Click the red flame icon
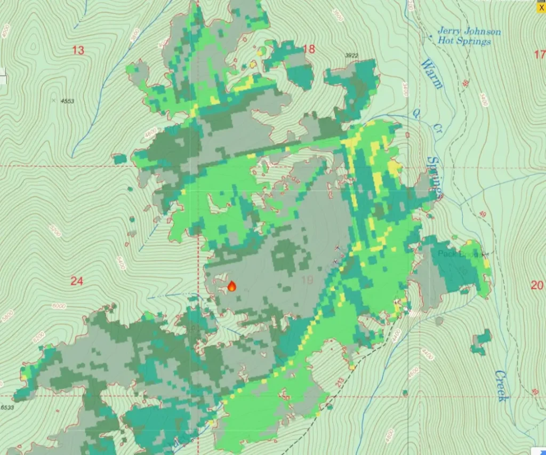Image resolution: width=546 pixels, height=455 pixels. point(232,286)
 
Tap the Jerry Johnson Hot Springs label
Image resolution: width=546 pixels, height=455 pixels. point(469,36)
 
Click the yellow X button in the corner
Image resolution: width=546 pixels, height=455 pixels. point(541,7)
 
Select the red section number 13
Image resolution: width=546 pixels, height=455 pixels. point(78,50)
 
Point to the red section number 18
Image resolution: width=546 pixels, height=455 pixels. point(309,49)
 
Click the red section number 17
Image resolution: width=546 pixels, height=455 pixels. point(539,54)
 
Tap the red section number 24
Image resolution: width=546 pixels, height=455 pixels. point(77,281)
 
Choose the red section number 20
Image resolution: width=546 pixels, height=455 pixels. point(537,285)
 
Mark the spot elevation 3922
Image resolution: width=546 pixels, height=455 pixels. point(351,55)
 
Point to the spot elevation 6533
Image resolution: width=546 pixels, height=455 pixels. point(6,406)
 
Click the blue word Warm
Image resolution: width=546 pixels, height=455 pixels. point(431,74)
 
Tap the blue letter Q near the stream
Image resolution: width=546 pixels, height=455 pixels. point(417,113)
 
